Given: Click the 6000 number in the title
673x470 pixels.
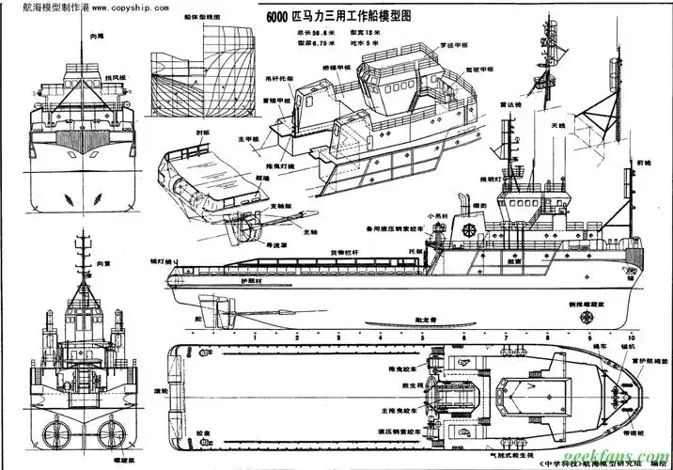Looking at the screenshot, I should pos(282,17).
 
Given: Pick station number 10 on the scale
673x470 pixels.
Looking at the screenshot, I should pos(632,337).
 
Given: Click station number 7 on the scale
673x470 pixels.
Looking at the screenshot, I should pos(506,337).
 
